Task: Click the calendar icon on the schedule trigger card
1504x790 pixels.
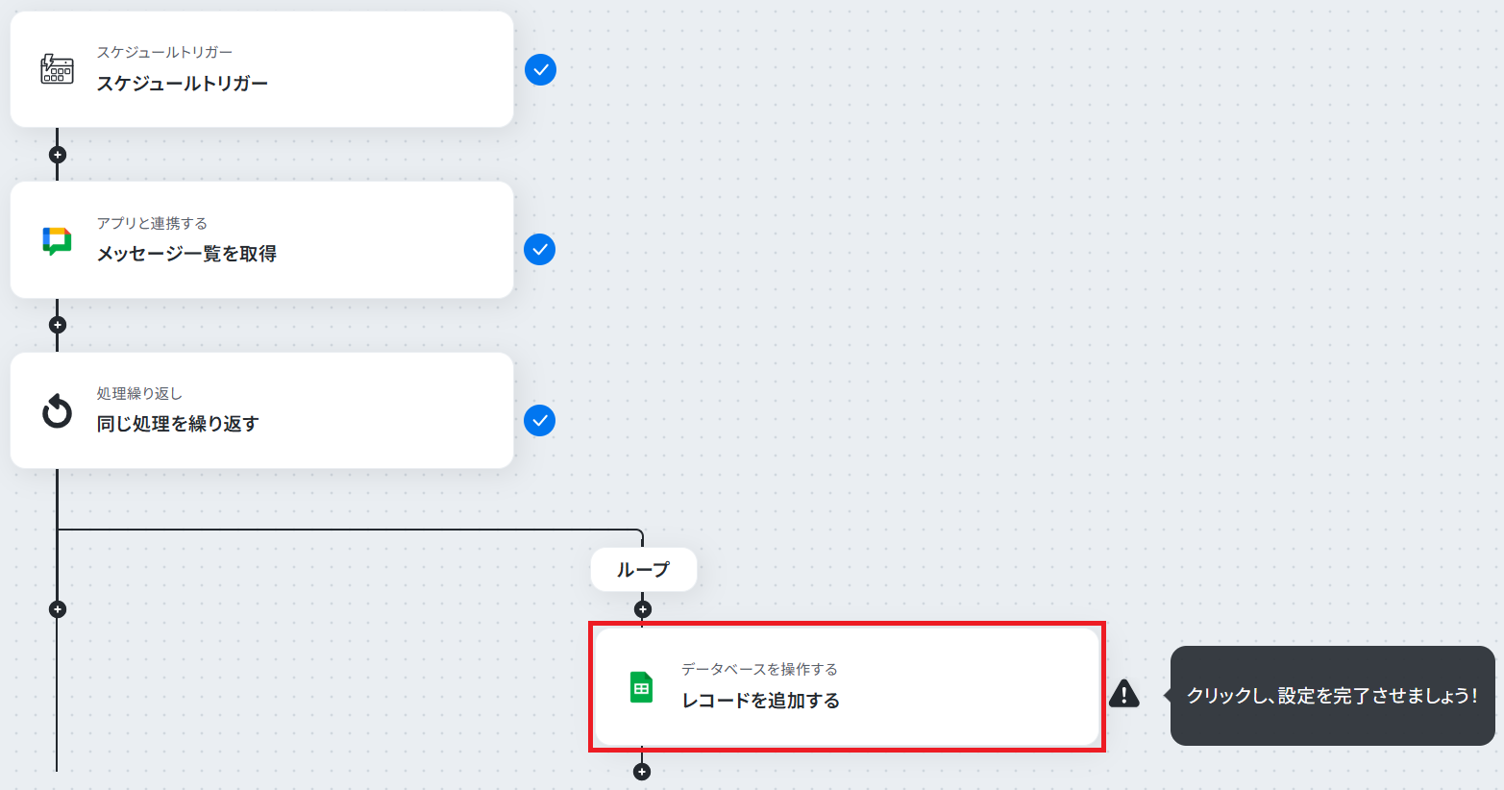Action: (x=57, y=69)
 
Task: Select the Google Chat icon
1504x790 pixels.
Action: (x=57, y=241)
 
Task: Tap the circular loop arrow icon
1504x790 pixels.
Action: (x=57, y=410)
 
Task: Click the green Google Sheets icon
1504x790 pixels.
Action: (x=641, y=687)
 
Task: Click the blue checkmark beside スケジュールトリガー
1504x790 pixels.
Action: (x=540, y=70)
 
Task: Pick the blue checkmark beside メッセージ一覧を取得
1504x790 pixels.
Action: (x=540, y=250)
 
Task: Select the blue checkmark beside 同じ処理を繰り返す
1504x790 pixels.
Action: (x=540, y=421)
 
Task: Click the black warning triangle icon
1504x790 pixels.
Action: (x=1124, y=694)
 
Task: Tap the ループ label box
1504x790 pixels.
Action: (x=643, y=570)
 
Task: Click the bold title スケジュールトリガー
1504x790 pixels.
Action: (x=182, y=84)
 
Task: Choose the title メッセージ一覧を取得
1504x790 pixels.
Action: (x=186, y=254)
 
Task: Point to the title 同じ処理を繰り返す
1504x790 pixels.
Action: (x=178, y=424)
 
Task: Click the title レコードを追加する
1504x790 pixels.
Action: (x=761, y=701)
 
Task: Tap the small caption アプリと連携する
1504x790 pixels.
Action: (x=152, y=223)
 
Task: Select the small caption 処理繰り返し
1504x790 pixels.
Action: (x=139, y=393)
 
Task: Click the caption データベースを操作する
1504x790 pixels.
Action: (x=759, y=669)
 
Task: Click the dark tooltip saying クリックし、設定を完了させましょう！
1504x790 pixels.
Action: (x=1332, y=696)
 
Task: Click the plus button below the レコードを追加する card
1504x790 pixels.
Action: (x=642, y=772)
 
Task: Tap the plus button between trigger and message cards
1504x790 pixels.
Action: (x=58, y=155)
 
